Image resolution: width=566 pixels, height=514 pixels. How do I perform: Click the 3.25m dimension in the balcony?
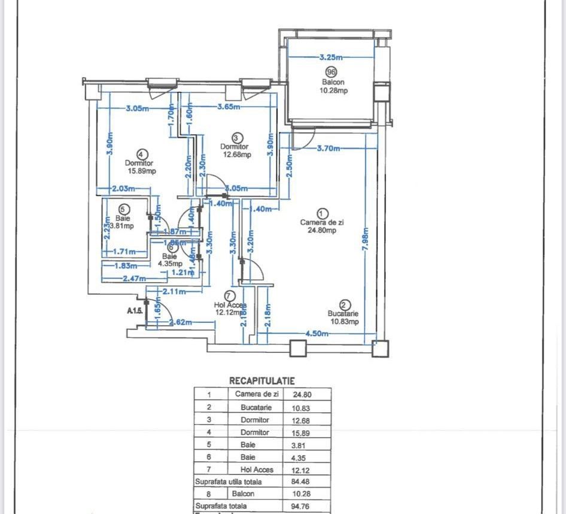click(x=331, y=58)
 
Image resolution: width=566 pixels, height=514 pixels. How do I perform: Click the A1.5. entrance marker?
click(x=135, y=311)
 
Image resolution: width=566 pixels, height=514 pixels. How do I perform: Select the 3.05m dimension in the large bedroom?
click(x=137, y=108)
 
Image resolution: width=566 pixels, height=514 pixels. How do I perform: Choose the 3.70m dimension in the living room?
click(x=329, y=148)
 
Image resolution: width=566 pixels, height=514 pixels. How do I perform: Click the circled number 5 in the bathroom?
click(x=123, y=210)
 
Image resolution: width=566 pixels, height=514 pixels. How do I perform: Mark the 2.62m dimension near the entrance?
click(x=179, y=323)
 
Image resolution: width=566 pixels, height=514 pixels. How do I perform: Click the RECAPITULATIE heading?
click(x=262, y=380)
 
